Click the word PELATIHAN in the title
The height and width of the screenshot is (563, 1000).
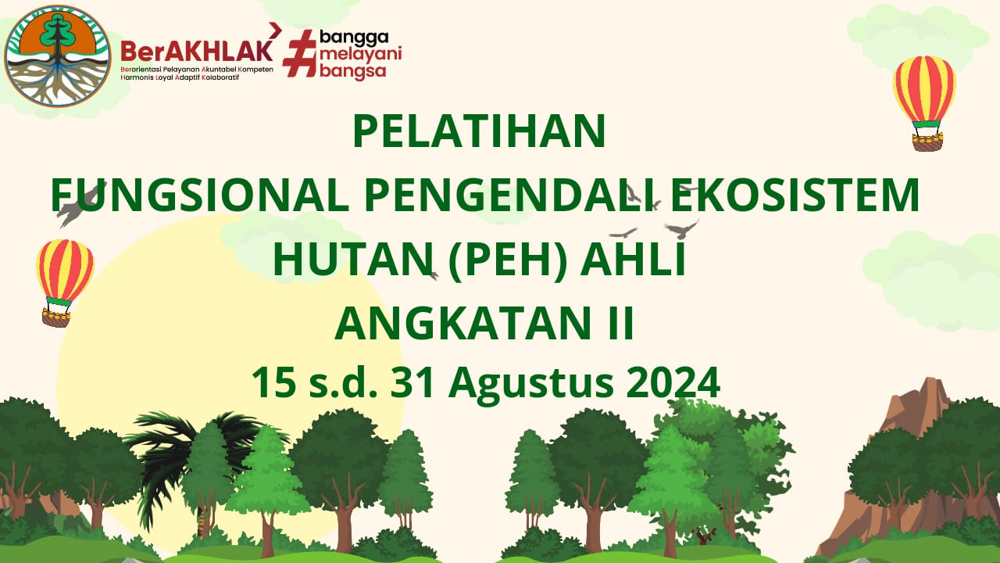point(479,131)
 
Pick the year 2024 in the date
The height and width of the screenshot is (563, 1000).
point(671,382)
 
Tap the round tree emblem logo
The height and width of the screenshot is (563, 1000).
point(58,56)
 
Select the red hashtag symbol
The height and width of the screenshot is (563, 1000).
point(300,54)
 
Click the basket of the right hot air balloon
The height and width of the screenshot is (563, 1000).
point(927,142)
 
